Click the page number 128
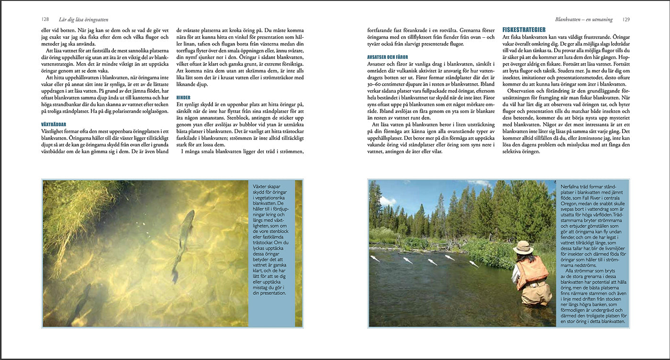45,20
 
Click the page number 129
626,20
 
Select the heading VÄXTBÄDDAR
54,124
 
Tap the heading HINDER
184,97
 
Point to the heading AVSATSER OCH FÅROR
388,57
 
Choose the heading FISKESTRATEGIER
524,30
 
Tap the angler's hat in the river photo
523,247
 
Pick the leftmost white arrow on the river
376,258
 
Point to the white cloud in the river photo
388,201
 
